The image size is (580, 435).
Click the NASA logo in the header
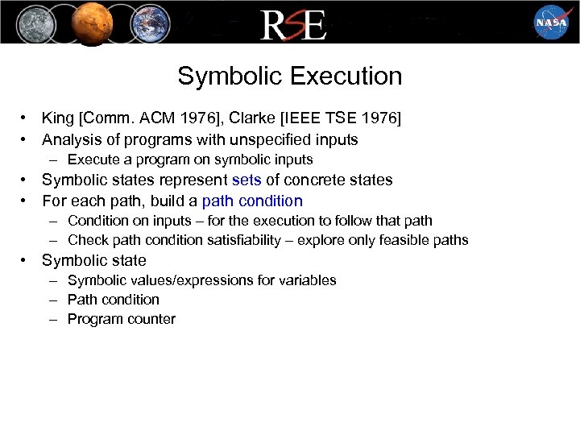click(551, 22)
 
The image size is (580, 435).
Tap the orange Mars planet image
click(90, 23)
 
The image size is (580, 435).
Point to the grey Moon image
click(33, 23)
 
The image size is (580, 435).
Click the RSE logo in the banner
click(292, 25)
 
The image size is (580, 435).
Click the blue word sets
click(246, 180)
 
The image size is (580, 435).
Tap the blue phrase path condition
click(252, 201)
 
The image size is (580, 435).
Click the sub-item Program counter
click(121, 319)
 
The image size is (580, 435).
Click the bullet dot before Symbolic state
click(26, 260)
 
